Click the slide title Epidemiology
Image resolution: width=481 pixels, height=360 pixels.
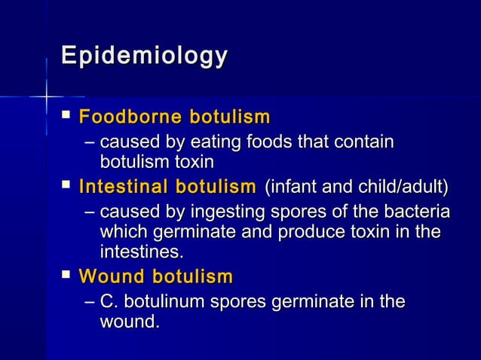tap(144, 56)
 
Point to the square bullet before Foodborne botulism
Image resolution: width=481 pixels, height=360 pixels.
tap(67, 117)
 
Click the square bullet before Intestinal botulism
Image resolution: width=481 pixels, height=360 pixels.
tap(67, 185)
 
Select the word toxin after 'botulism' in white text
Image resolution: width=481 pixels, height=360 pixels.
tap(195, 161)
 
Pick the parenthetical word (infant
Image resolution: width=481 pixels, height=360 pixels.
tap(285, 186)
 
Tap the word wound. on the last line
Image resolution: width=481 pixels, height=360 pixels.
tap(130, 322)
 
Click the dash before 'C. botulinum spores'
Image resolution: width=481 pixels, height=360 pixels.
tap(90, 302)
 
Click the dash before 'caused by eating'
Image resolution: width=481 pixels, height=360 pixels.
tap(90, 142)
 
